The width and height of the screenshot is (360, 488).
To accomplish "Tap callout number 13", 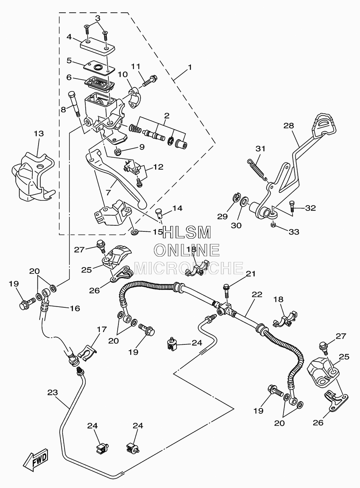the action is point(39,134).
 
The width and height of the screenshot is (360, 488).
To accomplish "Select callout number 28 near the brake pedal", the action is point(289,126).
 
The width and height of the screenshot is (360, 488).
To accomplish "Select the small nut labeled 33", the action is point(273,225).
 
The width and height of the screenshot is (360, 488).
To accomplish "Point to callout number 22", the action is point(257,294).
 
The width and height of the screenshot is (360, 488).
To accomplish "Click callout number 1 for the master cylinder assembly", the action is point(190,67).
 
